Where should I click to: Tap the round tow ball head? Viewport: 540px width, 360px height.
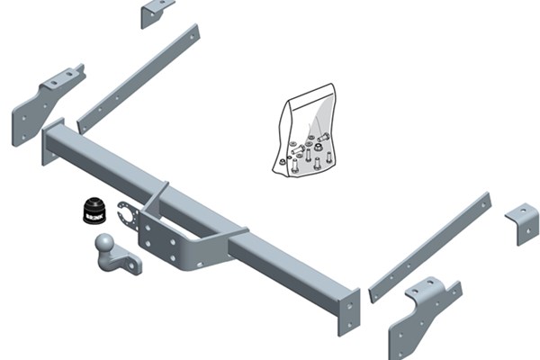pyautogui.click(x=104, y=243)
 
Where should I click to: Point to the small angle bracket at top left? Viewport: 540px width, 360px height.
pyautogui.click(x=155, y=12)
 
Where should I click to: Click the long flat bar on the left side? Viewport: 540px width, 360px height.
pyautogui.click(x=139, y=78)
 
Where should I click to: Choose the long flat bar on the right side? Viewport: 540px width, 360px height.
pyautogui.click(x=430, y=247)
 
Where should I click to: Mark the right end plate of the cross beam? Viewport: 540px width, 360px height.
pyautogui.click(x=348, y=310)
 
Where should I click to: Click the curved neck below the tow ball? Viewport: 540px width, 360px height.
pyautogui.click(x=114, y=256)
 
